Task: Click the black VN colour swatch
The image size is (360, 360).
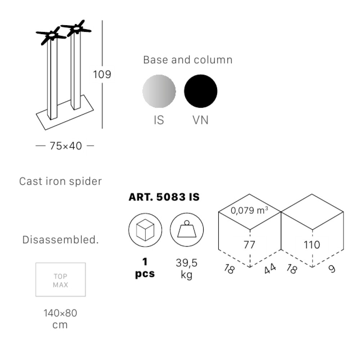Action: pos(201,91)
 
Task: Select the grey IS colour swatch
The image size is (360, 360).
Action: pos(159,91)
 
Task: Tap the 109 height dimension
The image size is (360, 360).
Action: pos(102,74)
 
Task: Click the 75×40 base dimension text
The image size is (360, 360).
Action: pos(66,146)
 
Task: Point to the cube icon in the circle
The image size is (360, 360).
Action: pos(145,230)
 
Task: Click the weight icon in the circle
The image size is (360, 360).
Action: pos(186,230)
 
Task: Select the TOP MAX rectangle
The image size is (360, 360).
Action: pos(60,280)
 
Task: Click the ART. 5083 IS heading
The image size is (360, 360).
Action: pos(164,197)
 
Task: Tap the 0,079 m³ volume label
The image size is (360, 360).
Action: pos(249,210)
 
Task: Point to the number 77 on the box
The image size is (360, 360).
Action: pos(249,245)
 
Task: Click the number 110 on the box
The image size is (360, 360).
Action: pos(312,245)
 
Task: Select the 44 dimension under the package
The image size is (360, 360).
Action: pos(270,269)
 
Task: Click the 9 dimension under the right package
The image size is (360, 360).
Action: pos(332,269)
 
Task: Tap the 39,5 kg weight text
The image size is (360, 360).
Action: pos(186,269)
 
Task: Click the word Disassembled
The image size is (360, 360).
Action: pos(60,240)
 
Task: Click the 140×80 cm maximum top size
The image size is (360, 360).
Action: pos(60,319)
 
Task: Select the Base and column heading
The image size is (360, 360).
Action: pos(188,60)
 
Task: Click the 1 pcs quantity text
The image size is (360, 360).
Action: pos(145,268)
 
